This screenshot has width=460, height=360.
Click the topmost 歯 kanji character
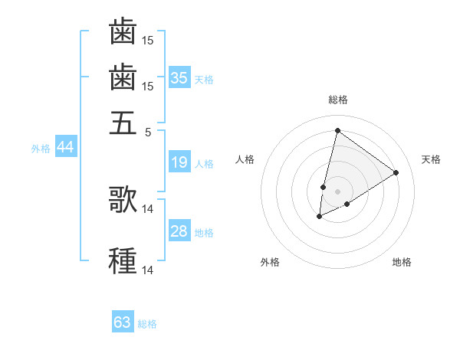[123, 32]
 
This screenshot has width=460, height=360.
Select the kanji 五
[123, 123]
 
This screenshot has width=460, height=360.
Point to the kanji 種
[123, 260]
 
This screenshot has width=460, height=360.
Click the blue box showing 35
[179, 77]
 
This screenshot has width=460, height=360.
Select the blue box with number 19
[179, 162]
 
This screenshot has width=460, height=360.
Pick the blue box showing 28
[179, 231]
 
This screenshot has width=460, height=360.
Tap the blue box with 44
[65, 148]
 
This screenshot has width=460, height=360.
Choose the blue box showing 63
[123, 322]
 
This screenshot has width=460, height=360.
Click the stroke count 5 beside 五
[148, 132]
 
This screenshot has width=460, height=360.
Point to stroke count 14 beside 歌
[148, 208]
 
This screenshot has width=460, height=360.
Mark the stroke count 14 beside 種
[148, 270]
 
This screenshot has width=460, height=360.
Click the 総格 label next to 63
[147, 324]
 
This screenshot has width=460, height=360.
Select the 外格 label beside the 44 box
[41, 149]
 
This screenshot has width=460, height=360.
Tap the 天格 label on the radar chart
[431, 159]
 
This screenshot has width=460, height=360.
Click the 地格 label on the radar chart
[402, 263]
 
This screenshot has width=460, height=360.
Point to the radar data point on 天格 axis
[396, 172]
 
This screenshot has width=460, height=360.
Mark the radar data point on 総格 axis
[337, 130]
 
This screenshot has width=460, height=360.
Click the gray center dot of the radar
[337, 191]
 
